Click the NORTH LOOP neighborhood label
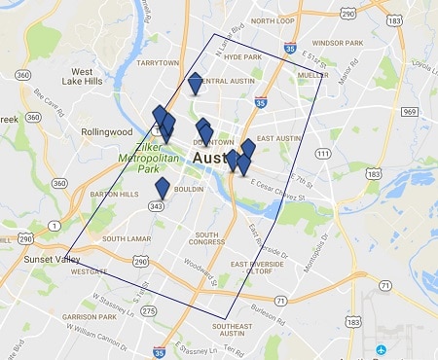(273, 20)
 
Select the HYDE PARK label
(242, 57)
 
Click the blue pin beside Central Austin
(196, 84)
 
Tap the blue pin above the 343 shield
(163, 190)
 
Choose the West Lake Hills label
(94, 78)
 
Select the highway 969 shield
(410, 113)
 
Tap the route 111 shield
(321, 155)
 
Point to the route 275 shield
(148, 310)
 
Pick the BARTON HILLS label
(114, 195)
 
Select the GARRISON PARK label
(89, 318)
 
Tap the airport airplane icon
(383, 347)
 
